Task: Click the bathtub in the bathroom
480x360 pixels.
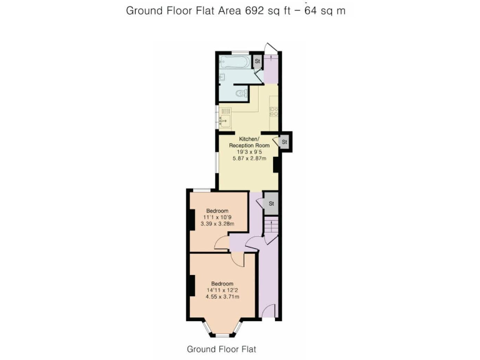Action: tap(235, 62)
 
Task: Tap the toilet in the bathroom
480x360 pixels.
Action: tap(241, 94)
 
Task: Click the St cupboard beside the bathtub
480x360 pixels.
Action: tap(257, 61)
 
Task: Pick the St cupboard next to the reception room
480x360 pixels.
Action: tap(284, 142)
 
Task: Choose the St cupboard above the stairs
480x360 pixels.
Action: tap(271, 204)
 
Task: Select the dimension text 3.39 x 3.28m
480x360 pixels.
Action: tap(217, 224)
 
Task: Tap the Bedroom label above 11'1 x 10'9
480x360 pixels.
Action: tap(217, 210)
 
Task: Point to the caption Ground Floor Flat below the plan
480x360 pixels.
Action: tap(221, 349)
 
